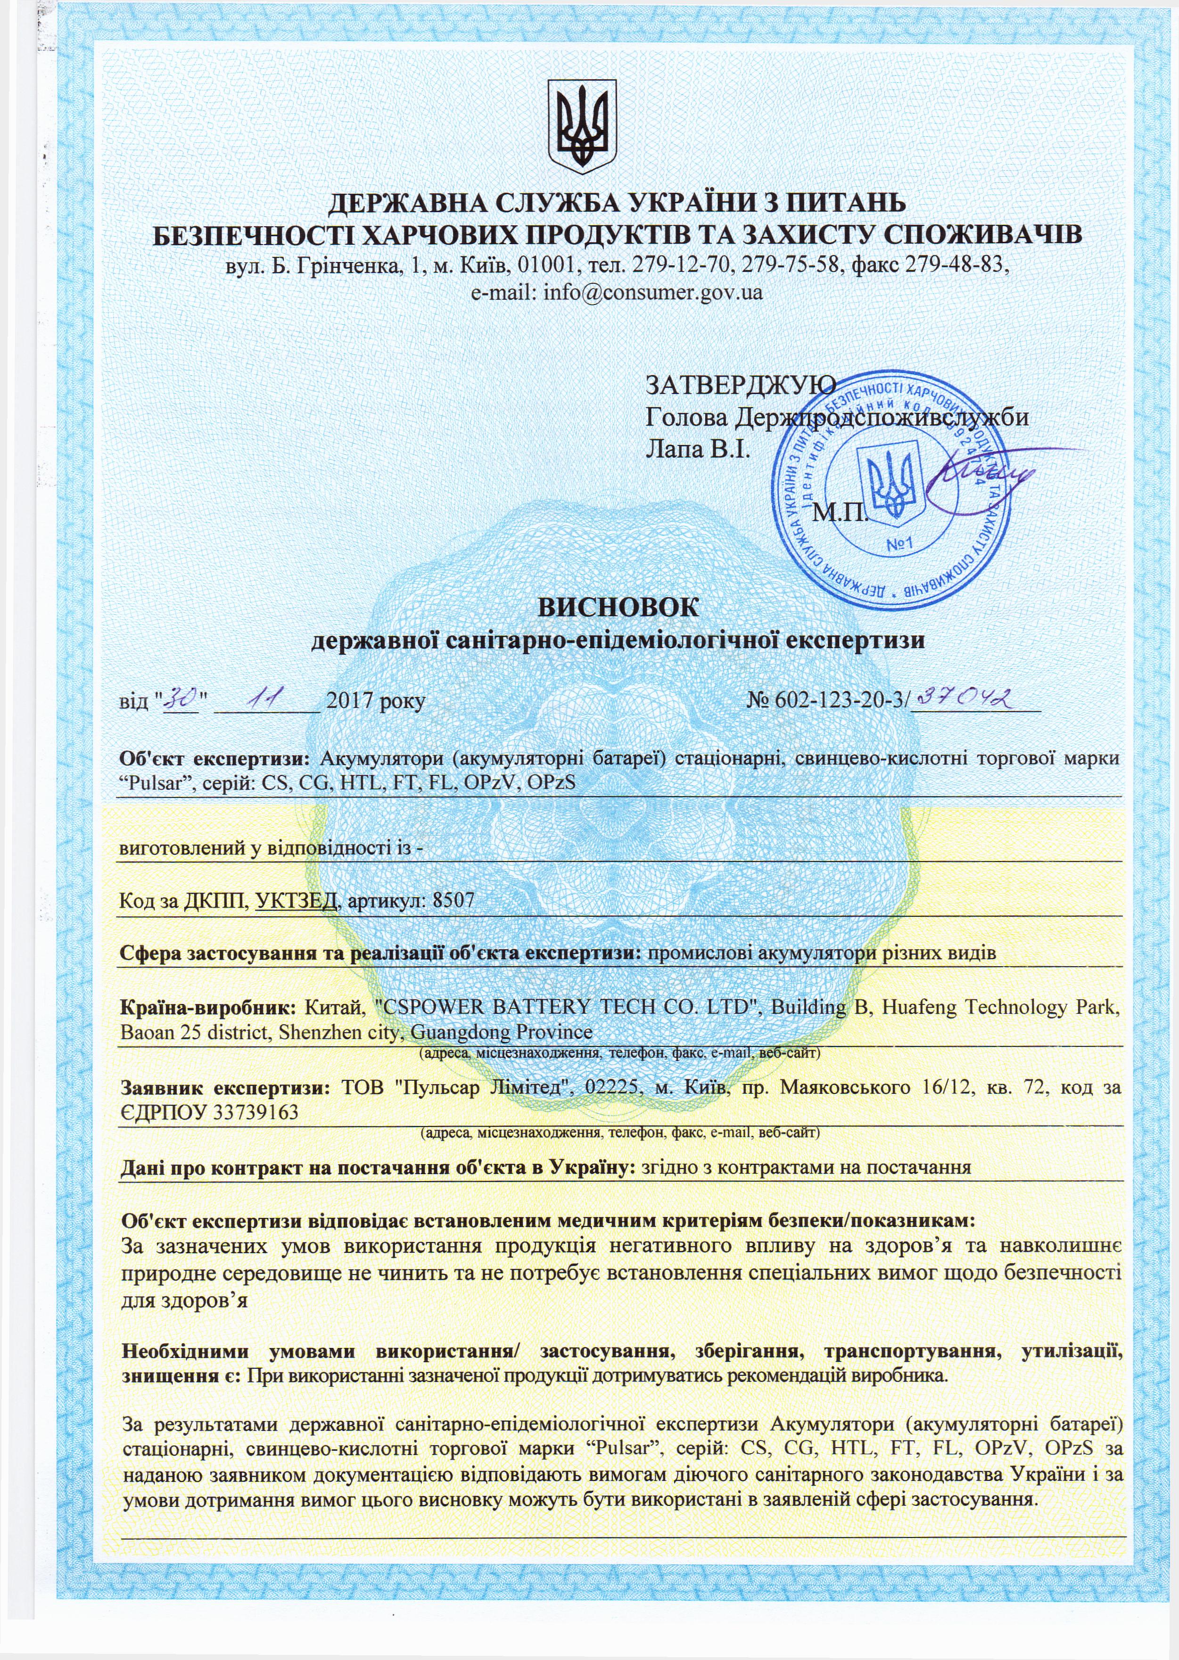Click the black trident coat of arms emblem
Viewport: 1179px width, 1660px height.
(x=582, y=125)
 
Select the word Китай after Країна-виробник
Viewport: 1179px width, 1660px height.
(x=323, y=1008)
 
